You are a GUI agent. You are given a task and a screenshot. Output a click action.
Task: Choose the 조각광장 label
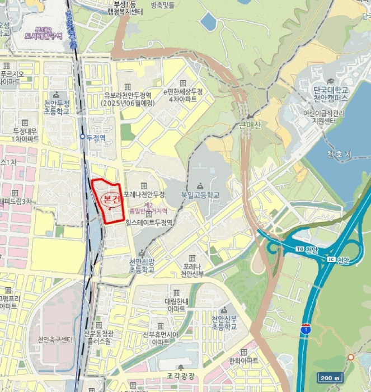179,376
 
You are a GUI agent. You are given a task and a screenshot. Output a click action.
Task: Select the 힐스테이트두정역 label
149,222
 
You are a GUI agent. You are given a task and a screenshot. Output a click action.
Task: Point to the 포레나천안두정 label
144,194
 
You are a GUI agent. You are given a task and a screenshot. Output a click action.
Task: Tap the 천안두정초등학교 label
57,108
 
